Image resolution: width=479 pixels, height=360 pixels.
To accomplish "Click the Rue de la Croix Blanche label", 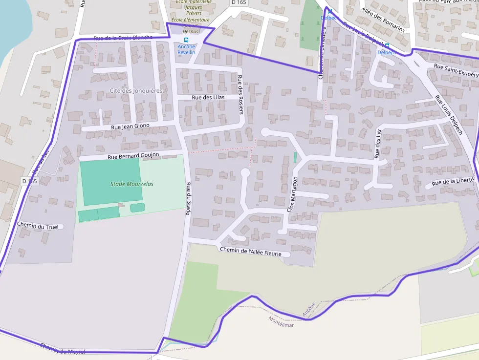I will click(x=123, y=38).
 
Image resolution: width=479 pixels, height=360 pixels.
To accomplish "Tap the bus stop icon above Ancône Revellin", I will click(x=186, y=40).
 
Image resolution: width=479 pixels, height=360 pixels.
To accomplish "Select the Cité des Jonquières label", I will click(x=136, y=91).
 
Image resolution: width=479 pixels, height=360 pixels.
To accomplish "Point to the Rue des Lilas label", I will click(x=208, y=97).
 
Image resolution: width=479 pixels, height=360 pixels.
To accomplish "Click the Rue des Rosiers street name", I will click(x=240, y=95).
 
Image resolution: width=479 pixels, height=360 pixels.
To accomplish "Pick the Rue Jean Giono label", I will click(x=130, y=127).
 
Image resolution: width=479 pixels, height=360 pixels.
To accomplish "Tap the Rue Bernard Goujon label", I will click(x=133, y=155).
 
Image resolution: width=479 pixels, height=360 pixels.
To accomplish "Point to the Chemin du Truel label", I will click(x=38, y=225).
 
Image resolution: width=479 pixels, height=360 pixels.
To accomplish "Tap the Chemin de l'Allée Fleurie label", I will click(x=255, y=252).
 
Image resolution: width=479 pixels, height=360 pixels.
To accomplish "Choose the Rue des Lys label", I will click(x=377, y=144).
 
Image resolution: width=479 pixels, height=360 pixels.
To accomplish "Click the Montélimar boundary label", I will click(x=281, y=321).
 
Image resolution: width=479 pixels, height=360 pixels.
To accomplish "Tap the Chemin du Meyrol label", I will click(x=63, y=348).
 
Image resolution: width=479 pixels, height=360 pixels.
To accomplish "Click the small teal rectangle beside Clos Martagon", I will click(x=295, y=157).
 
